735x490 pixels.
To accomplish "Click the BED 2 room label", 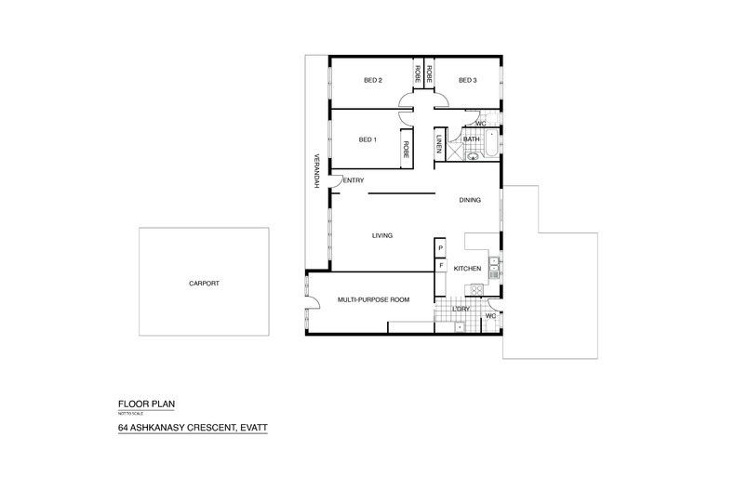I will click(x=373, y=81).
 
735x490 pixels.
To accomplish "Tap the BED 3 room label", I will click(x=467, y=81).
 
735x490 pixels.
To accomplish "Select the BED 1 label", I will click(x=367, y=140).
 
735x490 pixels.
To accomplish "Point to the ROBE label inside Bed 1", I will click(x=407, y=148).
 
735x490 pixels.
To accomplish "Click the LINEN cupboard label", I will click(x=439, y=146).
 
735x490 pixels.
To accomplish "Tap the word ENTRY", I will click(x=354, y=180).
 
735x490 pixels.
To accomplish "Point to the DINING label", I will click(x=471, y=201).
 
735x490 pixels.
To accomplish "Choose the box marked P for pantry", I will click(x=441, y=248).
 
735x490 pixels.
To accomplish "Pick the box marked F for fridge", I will click(x=441, y=266).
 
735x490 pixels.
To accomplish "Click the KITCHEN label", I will click(x=467, y=269).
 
